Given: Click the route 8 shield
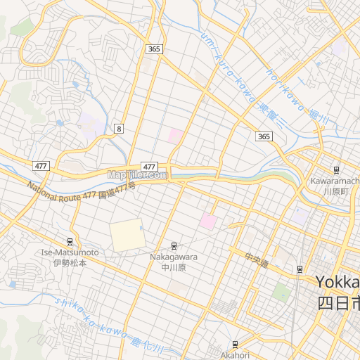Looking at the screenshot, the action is pyautogui.click(x=120, y=129).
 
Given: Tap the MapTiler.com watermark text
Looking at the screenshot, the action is pyautogui.click(x=137, y=174).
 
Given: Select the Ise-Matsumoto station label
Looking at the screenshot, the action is pyautogui.click(x=70, y=257).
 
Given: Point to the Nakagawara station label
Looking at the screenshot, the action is pyautogui.click(x=173, y=262).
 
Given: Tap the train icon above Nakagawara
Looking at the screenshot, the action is pyautogui.click(x=174, y=245).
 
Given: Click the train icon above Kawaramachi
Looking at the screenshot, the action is pyautogui.click(x=336, y=169).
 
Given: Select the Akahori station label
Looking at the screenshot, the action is pyautogui.click(x=235, y=355).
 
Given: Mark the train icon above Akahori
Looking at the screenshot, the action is pyautogui.click(x=235, y=345).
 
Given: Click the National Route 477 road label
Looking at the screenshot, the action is pyautogui.click(x=81, y=191).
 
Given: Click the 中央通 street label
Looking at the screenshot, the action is pyautogui.click(x=257, y=260).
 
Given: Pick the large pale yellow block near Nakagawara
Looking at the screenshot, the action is pyautogui.click(x=127, y=235).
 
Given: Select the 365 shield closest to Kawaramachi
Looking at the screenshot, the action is pyautogui.click(x=263, y=136).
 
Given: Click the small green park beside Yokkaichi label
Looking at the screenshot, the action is pyautogui.click(x=282, y=291).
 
